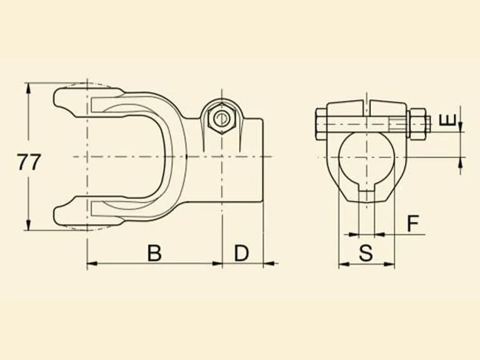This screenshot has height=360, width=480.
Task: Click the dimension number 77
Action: [29, 162]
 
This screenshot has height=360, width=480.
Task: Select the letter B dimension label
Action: [154, 253]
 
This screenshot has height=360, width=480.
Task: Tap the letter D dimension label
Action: [241, 253]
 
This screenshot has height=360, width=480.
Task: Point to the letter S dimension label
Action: [366, 253]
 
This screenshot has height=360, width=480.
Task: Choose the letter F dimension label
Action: [413, 223]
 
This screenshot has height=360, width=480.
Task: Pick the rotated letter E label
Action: [447, 120]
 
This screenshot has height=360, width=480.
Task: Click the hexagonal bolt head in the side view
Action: [221, 119]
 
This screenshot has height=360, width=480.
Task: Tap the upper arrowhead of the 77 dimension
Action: [29, 88]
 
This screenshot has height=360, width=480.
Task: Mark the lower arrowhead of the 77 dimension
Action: [29, 225]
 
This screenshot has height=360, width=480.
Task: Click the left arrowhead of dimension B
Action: [92, 263]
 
